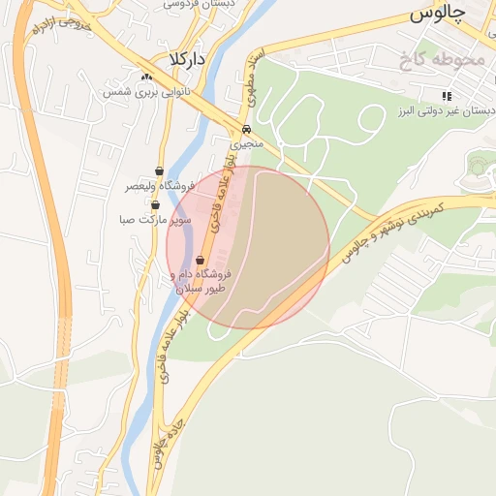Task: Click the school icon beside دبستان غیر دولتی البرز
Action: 447,96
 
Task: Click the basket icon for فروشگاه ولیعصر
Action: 159,170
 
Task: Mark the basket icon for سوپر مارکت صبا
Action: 155,204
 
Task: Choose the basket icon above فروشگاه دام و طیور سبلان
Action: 201,260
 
